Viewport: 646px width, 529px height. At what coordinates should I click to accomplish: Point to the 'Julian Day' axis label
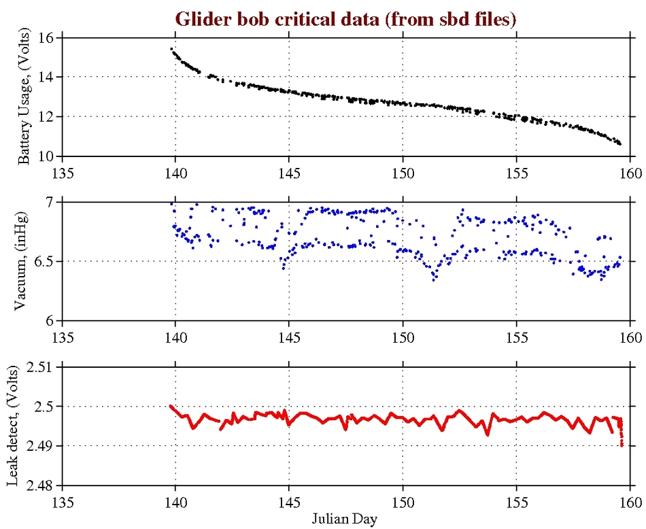pyautogui.click(x=345, y=518)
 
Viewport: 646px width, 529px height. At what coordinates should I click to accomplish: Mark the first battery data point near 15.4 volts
pyautogui.click(x=171, y=48)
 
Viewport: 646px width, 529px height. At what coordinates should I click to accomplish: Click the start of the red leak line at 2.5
pyautogui.click(x=171, y=406)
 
